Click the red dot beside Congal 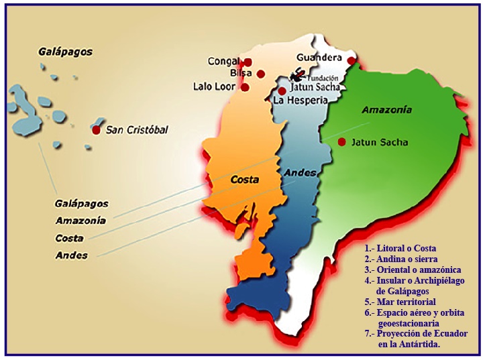point(247,62)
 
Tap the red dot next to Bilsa point(260,74)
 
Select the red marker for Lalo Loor point(245,87)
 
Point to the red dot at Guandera point(351,61)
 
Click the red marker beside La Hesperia point(282,91)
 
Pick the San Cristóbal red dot point(97,129)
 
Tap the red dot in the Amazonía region point(341,141)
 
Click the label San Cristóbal point(137,130)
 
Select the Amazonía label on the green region point(386,110)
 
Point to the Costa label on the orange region point(245,180)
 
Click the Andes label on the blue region point(300,173)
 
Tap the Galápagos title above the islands point(65,52)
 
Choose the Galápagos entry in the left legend point(81,204)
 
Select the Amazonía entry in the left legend point(80,221)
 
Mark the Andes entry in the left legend point(71,255)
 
